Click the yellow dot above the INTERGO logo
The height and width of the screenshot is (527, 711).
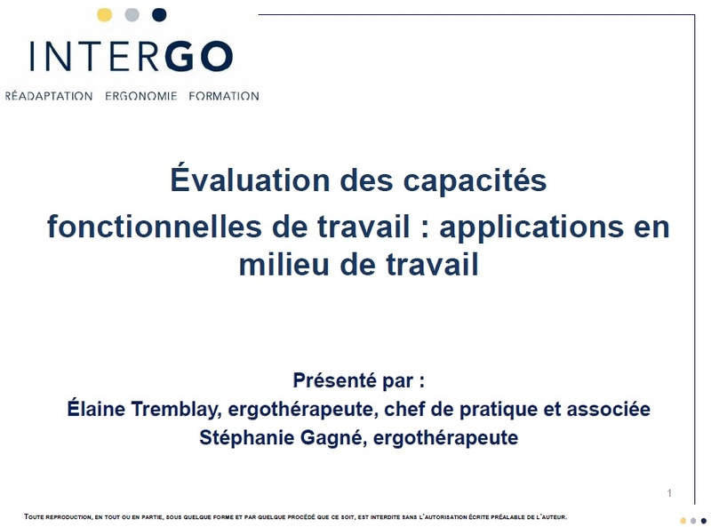(x=104, y=15)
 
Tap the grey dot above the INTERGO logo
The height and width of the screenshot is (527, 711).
(x=132, y=15)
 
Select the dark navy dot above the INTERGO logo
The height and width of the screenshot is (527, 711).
(x=159, y=15)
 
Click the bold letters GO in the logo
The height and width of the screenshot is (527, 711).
(x=199, y=56)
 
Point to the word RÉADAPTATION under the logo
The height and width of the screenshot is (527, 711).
(x=49, y=96)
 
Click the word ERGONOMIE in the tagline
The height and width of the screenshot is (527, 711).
(x=141, y=96)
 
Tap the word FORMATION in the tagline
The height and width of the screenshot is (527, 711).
(x=224, y=96)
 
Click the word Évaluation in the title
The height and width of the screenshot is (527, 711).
(x=250, y=180)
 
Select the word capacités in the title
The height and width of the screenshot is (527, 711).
(x=475, y=180)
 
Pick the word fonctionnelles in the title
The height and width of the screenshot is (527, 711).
(x=155, y=227)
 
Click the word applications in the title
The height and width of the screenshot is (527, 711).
(x=531, y=228)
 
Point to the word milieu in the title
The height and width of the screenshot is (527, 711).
(x=284, y=265)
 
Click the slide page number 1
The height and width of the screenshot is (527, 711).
(x=669, y=493)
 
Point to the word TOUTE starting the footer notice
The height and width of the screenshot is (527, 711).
(x=35, y=516)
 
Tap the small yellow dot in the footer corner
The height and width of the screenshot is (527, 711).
(x=683, y=521)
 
